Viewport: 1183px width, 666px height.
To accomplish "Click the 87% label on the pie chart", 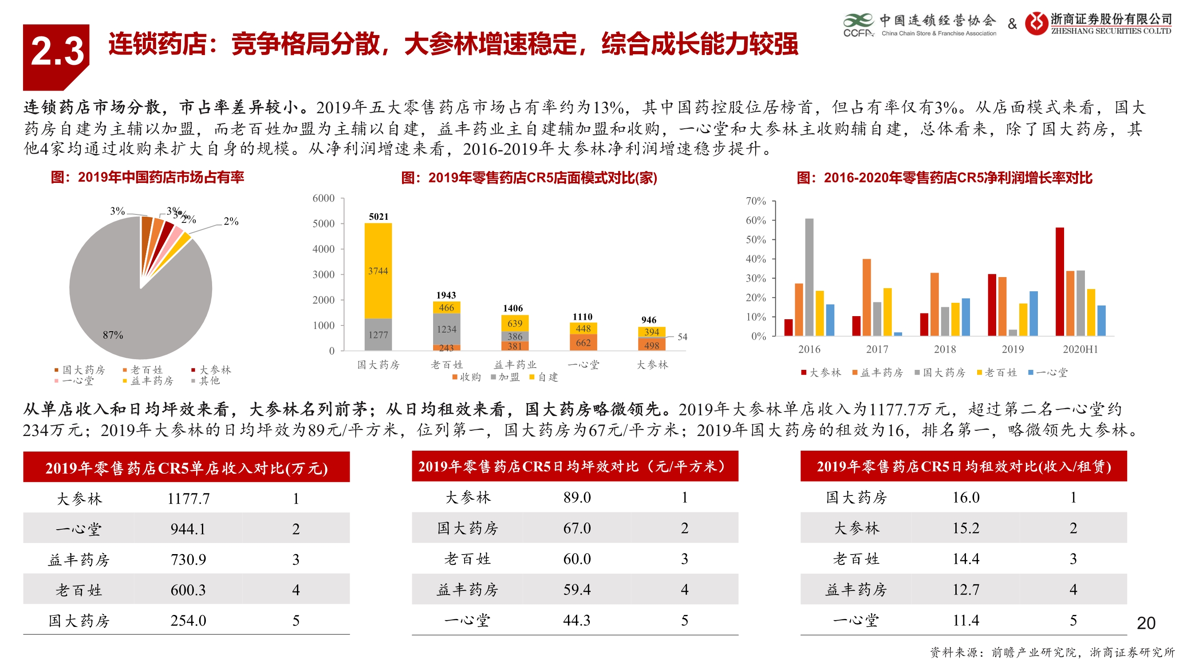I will pyautogui.click(x=113, y=335).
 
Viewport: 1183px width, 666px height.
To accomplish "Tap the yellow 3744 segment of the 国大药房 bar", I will pyautogui.click(x=378, y=271).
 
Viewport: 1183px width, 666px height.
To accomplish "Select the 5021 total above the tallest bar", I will pyautogui.click(x=379, y=217).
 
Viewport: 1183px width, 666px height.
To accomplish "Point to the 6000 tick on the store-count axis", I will pyautogui.click(x=323, y=198).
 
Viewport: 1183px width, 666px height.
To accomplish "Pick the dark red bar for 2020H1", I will pyautogui.click(x=1060, y=281).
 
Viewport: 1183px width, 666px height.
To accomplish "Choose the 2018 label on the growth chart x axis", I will pyautogui.click(x=945, y=349).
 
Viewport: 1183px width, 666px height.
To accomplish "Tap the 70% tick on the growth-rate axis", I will pyautogui.click(x=755, y=201).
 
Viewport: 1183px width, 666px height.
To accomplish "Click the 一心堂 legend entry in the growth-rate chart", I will pyautogui.click(x=1048, y=373).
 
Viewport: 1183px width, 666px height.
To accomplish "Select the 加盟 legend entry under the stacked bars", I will pyautogui.click(x=505, y=377).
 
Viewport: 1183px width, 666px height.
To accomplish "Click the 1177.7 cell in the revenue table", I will pyautogui.click(x=188, y=499).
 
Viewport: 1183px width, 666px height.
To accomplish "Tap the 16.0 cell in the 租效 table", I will pyautogui.click(x=966, y=497).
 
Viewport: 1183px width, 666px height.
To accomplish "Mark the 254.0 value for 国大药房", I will pyautogui.click(x=188, y=621).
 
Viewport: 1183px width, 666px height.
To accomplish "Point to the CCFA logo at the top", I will pyautogui.click(x=858, y=25).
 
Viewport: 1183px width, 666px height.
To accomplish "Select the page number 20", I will pyautogui.click(x=1146, y=623).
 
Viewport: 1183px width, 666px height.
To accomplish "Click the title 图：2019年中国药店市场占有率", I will pyautogui.click(x=147, y=178).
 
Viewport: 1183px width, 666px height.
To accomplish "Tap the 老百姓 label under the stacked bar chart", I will pyautogui.click(x=446, y=365).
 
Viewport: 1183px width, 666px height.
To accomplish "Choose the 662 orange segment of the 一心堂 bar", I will pyautogui.click(x=583, y=343).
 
